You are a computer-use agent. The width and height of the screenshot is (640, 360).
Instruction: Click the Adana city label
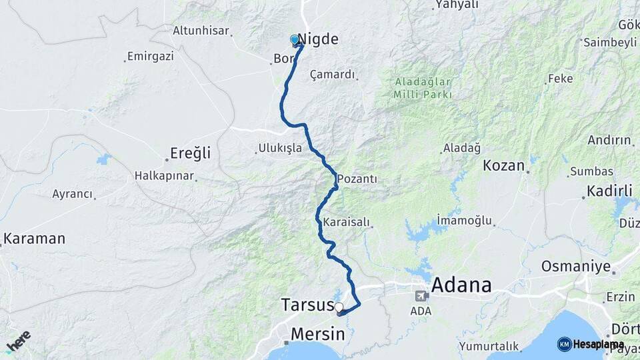tap(461, 286)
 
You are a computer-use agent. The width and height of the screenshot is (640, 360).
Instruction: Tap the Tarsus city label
tap(307, 305)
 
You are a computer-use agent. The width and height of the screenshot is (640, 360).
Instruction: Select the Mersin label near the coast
tap(317, 333)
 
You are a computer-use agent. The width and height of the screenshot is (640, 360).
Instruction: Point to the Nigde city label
tap(319, 39)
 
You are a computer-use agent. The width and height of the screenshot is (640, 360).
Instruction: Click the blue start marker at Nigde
tap(295, 40)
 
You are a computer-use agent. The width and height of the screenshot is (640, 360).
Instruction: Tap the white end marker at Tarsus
tap(339, 307)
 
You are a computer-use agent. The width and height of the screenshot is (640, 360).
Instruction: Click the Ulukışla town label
tap(280, 148)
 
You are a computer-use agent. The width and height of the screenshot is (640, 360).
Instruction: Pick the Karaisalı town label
tap(346, 222)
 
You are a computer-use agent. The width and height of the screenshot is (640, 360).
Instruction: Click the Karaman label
tap(35, 238)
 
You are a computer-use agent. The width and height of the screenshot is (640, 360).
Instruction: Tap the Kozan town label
tap(503, 165)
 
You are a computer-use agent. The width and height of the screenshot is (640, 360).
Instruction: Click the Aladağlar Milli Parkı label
tap(423, 88)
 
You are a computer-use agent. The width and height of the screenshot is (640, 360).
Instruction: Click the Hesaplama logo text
tap(598, 344)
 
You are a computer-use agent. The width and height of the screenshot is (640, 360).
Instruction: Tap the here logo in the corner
tap(18, 340)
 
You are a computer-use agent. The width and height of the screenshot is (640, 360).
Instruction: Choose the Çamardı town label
tap(333, 74)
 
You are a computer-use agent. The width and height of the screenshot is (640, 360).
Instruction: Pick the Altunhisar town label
tap(201, 31)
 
